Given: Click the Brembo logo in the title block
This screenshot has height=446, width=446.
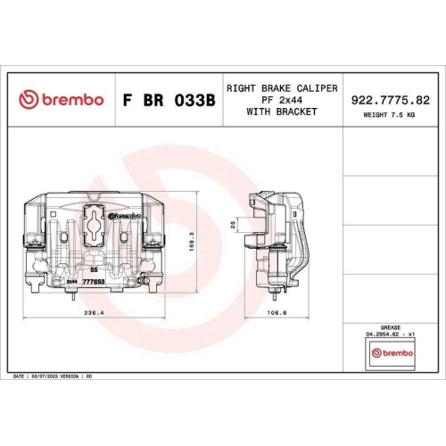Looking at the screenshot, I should point(62,100).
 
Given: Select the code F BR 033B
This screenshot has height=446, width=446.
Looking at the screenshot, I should point(168,101).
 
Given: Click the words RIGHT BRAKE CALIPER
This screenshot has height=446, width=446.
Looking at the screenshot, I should point(281,89).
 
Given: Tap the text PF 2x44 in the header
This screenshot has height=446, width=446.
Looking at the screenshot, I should point(281,101).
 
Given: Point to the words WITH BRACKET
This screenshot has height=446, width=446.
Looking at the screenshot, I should point(281,112).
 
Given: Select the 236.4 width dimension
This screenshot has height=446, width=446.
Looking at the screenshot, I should point(94,313).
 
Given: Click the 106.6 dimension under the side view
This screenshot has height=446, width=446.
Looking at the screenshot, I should point(277,313).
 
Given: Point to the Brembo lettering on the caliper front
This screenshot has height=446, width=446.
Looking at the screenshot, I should point(124,217).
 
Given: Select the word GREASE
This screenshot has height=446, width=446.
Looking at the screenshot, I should point(390,328).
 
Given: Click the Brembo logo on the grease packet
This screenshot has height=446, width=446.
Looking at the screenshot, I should point(391,355).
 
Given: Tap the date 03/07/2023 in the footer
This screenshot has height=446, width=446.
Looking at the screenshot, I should point(44,377).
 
